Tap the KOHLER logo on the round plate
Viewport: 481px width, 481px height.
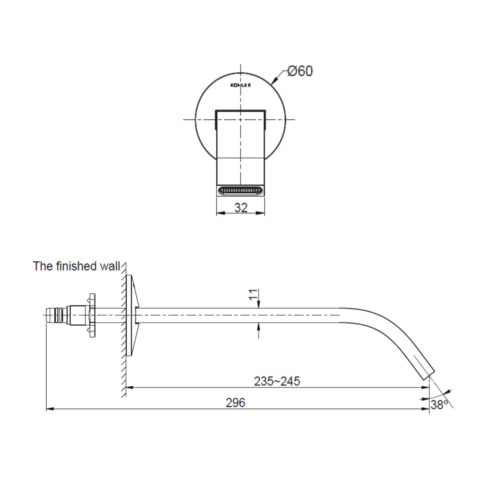click(240, 85)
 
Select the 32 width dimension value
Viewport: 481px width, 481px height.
click(241, 207)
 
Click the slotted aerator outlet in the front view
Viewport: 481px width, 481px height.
click(240, 190)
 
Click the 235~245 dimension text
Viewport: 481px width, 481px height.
click(277, 381)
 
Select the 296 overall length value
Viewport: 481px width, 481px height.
click(235, 402)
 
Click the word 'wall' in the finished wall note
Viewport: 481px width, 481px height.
click(109, 266)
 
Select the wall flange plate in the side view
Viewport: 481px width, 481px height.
click(129, 315)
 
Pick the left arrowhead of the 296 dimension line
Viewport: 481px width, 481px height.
click(49, 409)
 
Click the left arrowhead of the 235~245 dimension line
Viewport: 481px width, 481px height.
click(129, 387)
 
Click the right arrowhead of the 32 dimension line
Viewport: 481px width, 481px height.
click(262, 213)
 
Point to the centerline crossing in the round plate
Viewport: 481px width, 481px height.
click(240, 119)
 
